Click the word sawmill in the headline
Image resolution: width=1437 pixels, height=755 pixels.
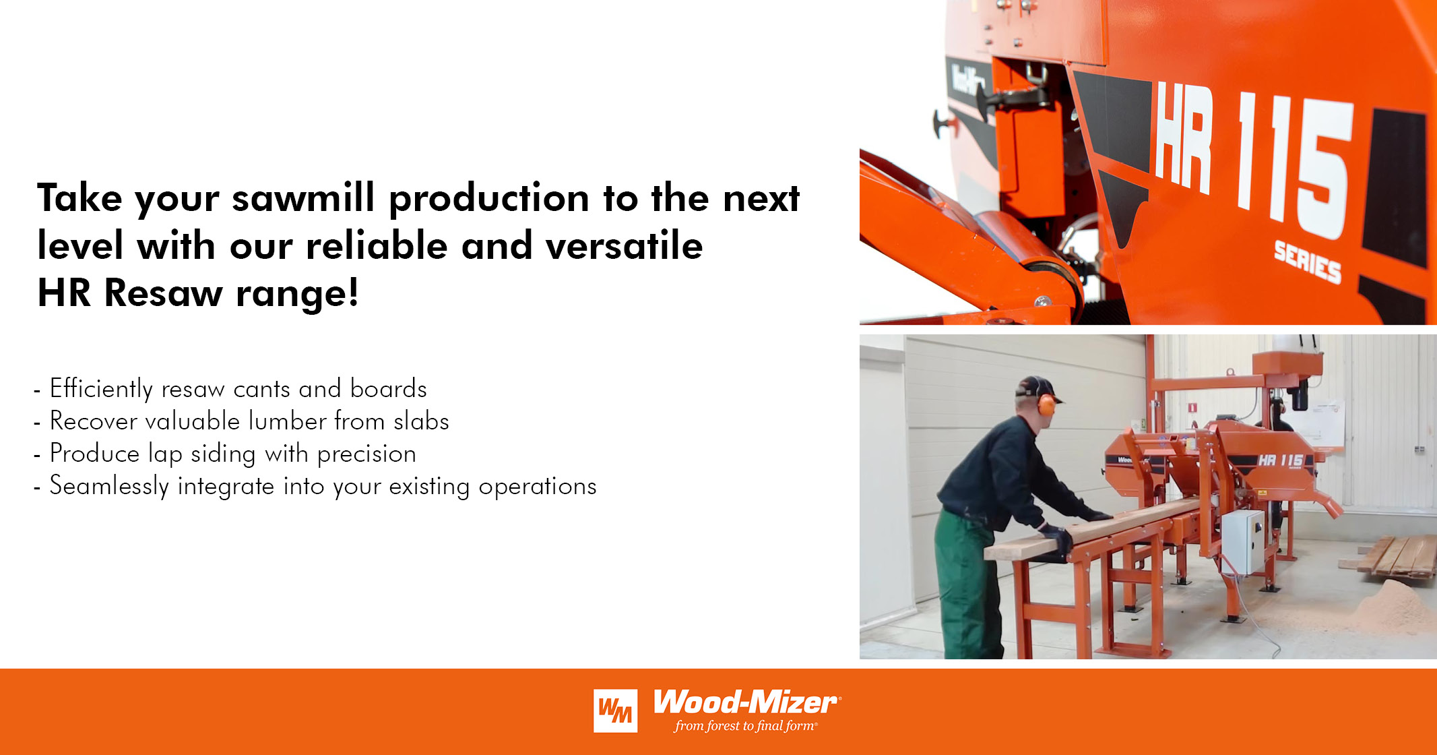pos(303,199)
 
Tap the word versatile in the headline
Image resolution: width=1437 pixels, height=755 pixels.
pos(624,246)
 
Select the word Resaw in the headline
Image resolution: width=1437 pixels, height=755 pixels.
pos(163,294)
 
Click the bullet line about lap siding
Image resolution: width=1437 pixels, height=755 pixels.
pos(232,454)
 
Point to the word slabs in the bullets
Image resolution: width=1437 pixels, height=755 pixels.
pos(421,422)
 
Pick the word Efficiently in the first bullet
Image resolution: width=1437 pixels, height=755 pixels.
pos(101,390)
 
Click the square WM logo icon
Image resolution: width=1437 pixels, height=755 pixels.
pos(615,711)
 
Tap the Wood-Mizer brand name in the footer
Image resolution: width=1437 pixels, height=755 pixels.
pos(745,702)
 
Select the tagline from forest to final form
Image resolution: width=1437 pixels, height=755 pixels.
pos(745,726)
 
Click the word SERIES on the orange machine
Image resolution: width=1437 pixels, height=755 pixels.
pos(1307,262)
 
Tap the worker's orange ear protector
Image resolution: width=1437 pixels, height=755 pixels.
pos(1046,404)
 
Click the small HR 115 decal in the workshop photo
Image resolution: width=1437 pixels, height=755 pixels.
pos(1280,460)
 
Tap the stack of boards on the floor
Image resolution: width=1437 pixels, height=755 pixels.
pos(1395,556)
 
